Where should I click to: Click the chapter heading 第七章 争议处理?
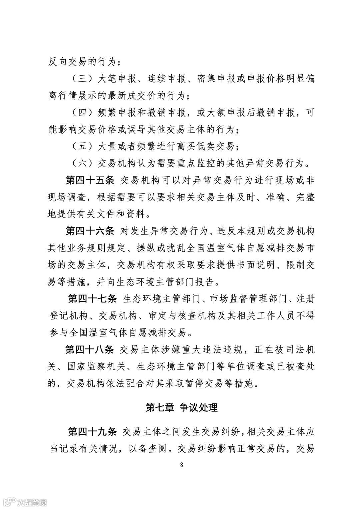point(182,407)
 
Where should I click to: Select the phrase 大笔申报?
point(116,79)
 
